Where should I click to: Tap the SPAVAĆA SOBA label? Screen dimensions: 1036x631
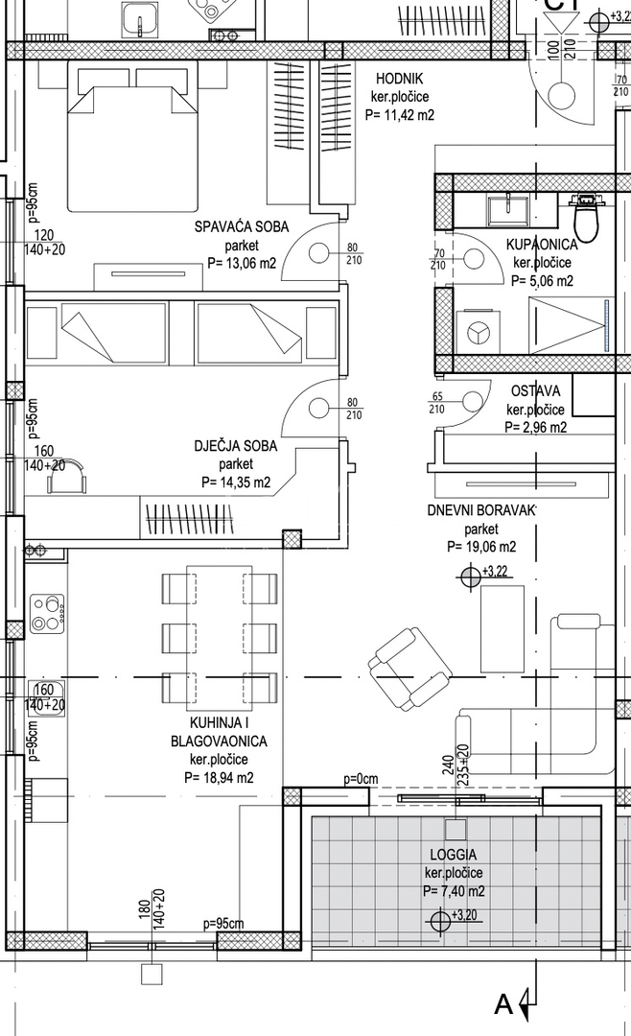[236, 227]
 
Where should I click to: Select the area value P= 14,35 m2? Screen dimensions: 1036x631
[236, 483]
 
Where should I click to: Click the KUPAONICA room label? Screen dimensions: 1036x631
[542, 245]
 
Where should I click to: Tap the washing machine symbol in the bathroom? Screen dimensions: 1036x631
[476, 332]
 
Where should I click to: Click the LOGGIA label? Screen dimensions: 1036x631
[455, 855]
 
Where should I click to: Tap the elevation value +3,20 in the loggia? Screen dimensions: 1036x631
[464, 914]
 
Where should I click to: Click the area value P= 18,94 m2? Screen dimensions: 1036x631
[219, 777]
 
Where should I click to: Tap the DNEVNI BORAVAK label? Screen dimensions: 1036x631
[481, 509]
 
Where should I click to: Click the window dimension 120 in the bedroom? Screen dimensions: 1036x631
[44, 235]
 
